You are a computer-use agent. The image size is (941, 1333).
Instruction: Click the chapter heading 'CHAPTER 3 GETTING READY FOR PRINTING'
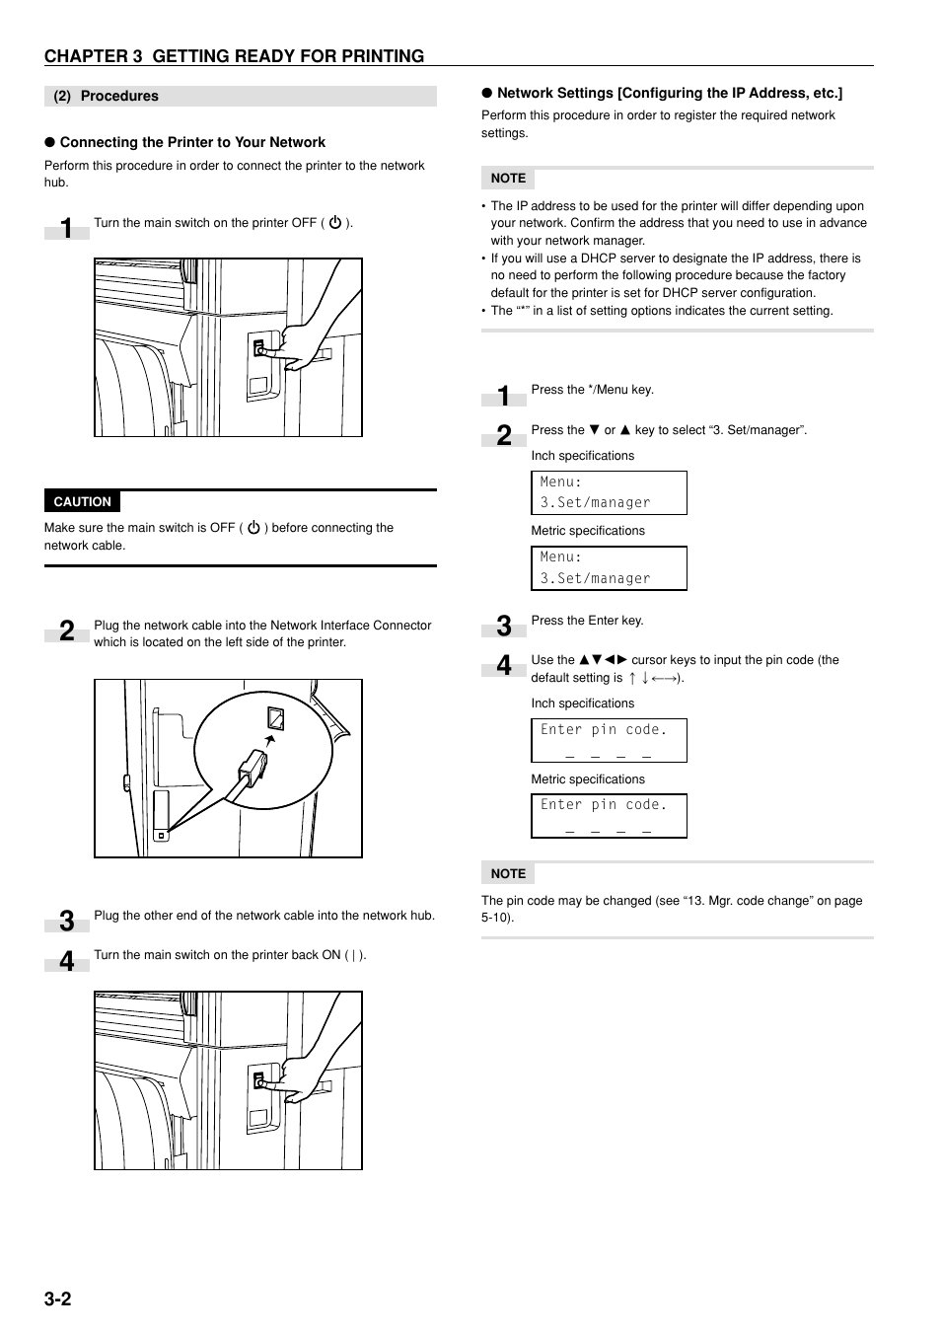234,56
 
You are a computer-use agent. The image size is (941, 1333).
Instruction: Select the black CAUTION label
82,501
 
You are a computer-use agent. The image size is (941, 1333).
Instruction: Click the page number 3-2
57,1298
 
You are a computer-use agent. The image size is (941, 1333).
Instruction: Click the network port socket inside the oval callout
275,718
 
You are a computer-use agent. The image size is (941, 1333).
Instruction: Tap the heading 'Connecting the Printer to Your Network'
192,142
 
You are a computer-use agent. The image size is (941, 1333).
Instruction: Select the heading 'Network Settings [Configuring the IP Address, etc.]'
669,93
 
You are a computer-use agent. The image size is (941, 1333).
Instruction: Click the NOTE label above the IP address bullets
508,179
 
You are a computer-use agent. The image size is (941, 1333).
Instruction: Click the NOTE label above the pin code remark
508,873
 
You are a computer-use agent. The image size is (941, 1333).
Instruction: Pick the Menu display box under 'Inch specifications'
609,492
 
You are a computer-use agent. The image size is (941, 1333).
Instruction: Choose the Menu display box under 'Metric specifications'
609,568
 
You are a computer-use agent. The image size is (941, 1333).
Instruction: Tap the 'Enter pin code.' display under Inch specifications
609,740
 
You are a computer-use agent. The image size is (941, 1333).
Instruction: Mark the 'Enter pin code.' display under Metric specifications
609,816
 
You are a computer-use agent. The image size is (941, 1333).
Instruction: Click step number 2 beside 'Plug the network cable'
66,631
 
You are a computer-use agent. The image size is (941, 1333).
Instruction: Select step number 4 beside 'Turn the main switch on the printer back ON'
66,961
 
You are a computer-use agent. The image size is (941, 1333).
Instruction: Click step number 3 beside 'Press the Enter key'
504,626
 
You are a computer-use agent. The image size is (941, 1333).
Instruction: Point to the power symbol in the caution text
253,528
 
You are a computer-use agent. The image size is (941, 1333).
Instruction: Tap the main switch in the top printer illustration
260,349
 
